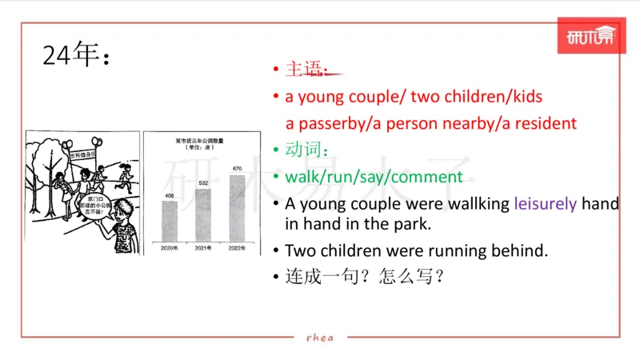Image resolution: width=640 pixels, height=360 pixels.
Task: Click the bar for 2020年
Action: [170, 220]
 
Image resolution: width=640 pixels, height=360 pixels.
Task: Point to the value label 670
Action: [237, 170]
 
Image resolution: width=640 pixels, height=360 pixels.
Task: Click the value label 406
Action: [170, 195]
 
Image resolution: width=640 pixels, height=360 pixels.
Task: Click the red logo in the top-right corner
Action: [590, 37]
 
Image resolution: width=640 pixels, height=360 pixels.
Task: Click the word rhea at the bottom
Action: [320, 337]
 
